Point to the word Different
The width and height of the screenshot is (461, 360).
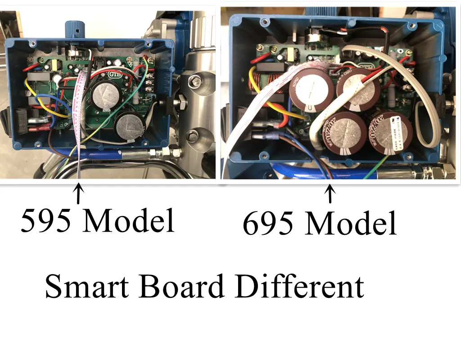point(299,287)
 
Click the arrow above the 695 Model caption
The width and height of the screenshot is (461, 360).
point(330,194)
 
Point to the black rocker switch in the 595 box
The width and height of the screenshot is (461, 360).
point(21,119)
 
